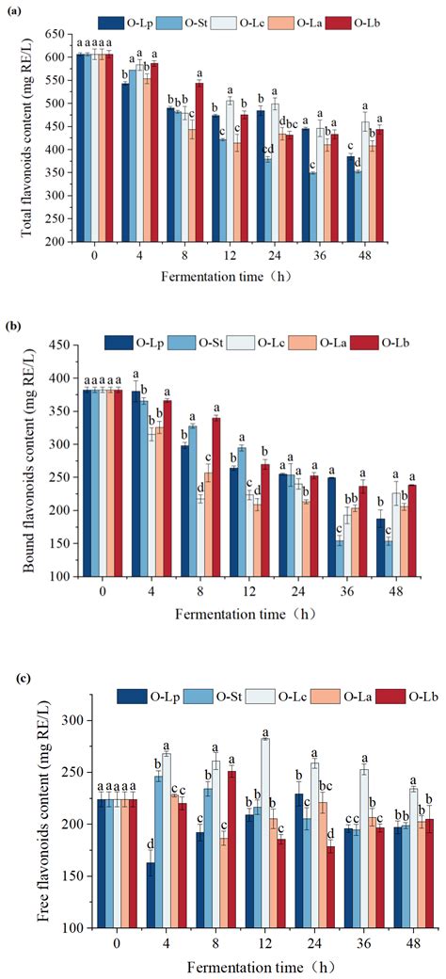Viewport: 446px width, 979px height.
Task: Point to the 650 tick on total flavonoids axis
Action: [57, 34]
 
